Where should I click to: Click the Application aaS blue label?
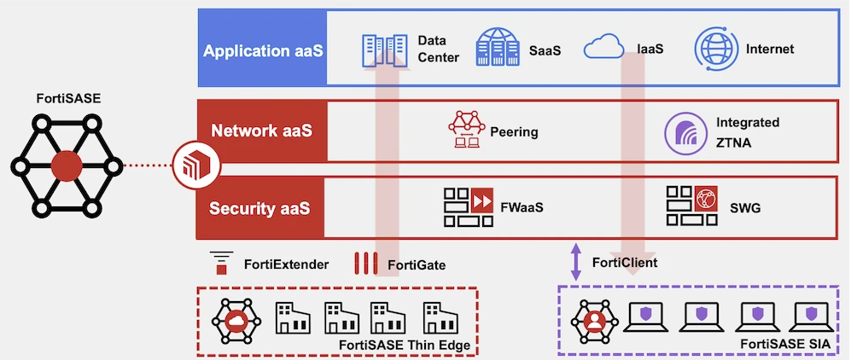coord(263,49)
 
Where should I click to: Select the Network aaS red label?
coord(261,131)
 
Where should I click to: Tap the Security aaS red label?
coord(261,207)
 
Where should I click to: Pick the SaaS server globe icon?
coord(498,48)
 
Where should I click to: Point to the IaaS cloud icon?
coord(603,49)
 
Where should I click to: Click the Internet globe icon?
coord(715,48)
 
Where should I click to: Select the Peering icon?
coord(466,131)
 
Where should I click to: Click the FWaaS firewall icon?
coord(469,206)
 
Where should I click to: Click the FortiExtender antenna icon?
coord(221,264)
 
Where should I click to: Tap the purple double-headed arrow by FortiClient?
coord(575,262)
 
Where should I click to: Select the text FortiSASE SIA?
coord(790,343)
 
